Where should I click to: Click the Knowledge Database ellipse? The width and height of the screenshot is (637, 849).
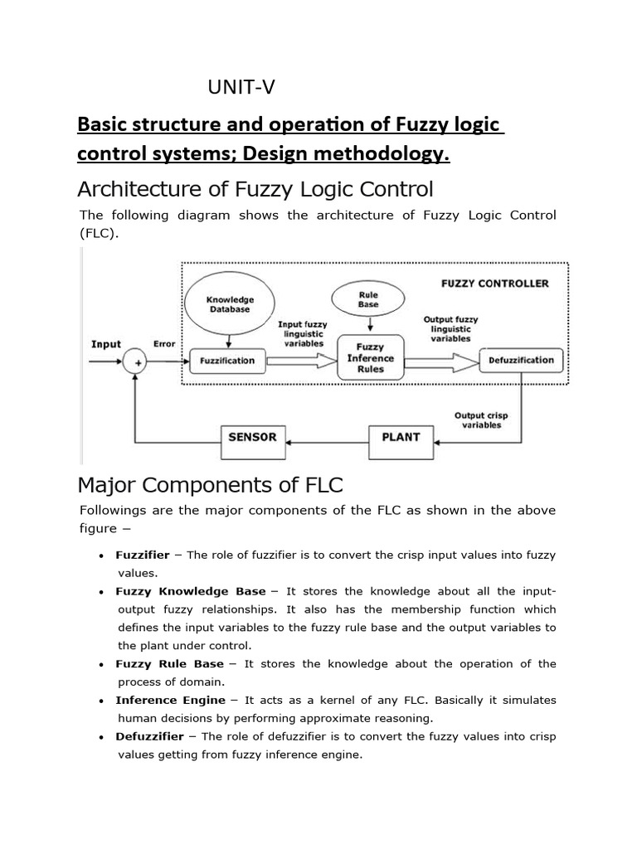tap(230, 303)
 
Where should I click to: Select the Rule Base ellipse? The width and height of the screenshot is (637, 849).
tap(368, 299)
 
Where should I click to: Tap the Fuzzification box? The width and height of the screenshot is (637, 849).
tap(227, 361)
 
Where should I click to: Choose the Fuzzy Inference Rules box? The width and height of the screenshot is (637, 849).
tap(371, 357)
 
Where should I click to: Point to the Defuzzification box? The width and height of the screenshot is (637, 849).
tap(522, 360)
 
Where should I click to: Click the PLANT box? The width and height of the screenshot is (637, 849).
tap(401, 437)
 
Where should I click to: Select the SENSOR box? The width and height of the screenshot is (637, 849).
tap(253, 437)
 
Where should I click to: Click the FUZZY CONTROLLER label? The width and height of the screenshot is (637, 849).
tap(494, 284)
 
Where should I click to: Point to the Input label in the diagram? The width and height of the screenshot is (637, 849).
tap(106, 344)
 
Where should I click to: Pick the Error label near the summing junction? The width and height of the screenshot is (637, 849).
tap(163, 344)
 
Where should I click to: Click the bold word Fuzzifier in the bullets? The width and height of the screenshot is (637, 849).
tap(143, 555)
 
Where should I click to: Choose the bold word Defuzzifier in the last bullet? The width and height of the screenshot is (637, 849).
tap(149, 737)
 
